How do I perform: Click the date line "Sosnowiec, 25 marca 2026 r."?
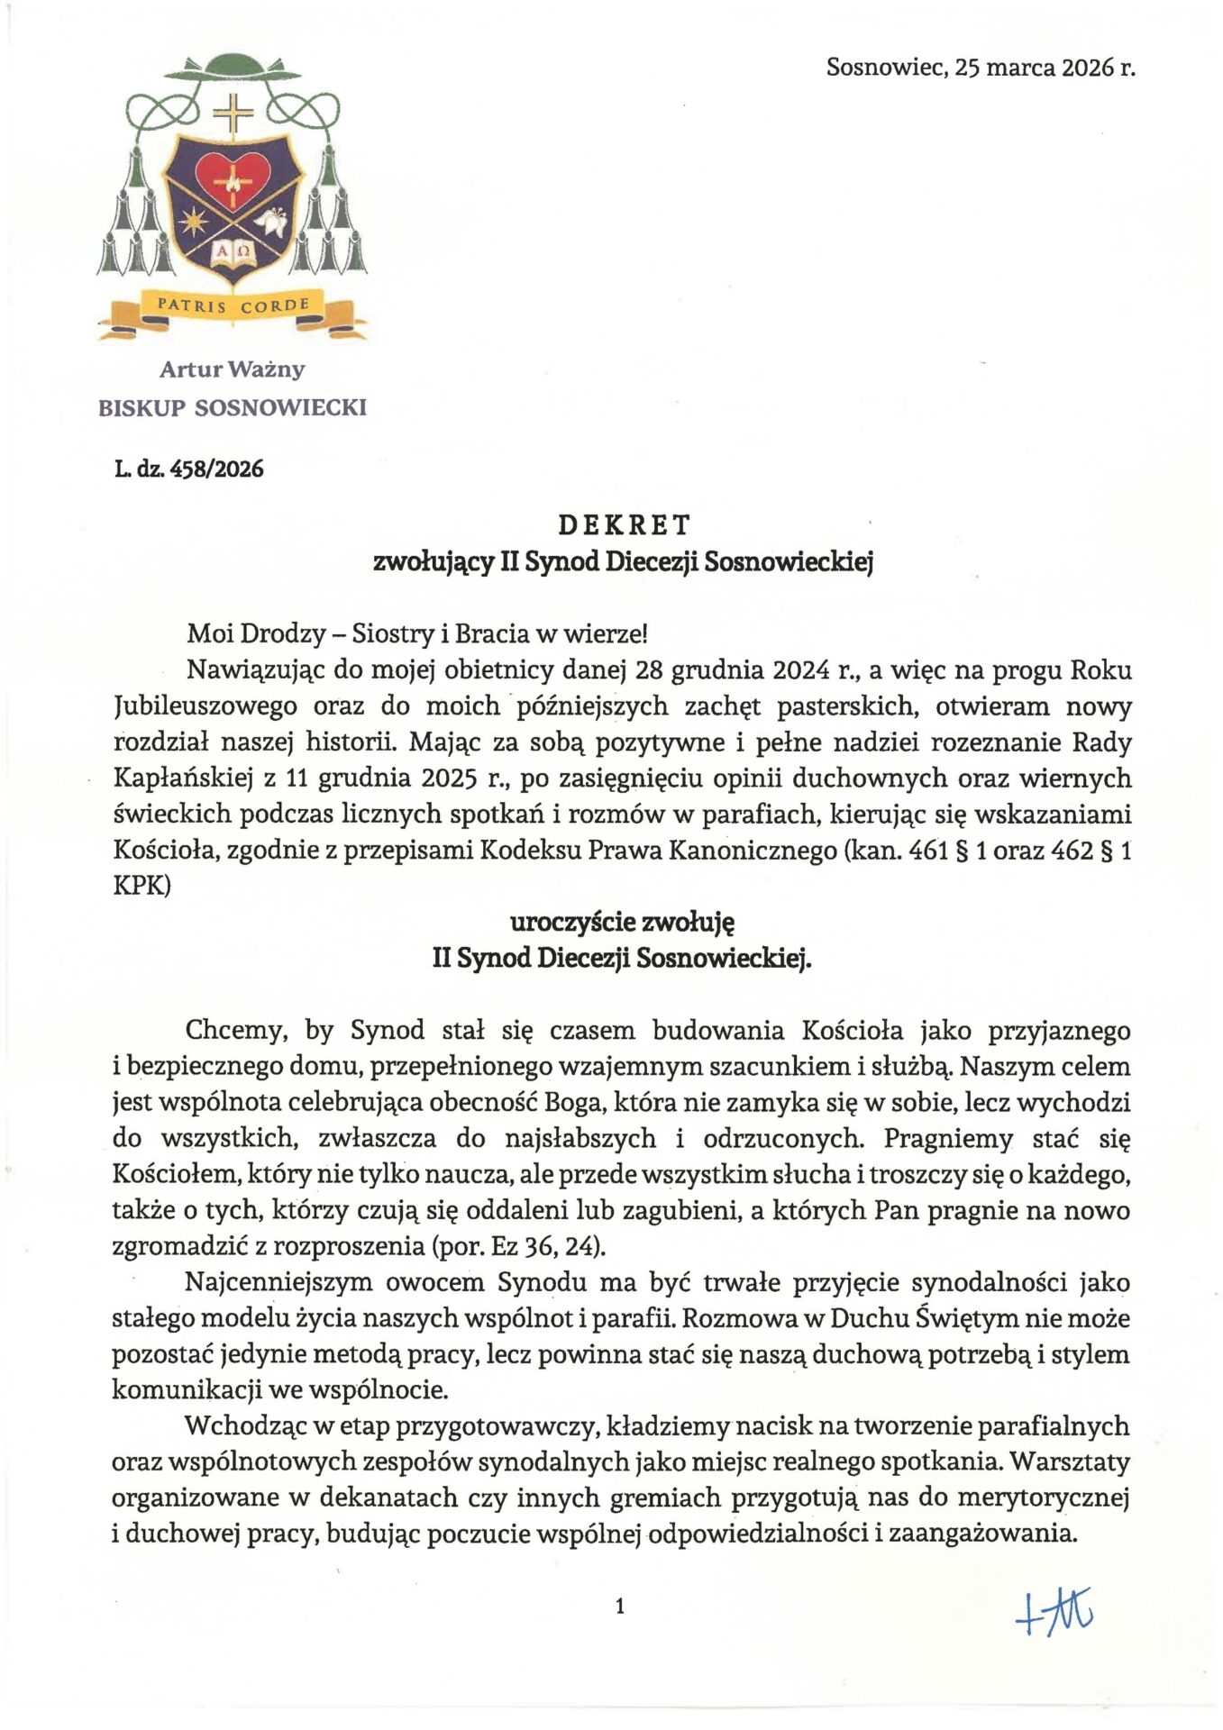pos(980,68)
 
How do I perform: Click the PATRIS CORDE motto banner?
pos(233,306)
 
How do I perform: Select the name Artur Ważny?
pos(233,369)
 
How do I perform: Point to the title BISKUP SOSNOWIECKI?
pos(233,408)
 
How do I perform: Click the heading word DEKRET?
pos(624,524)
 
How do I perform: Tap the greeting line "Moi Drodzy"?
pos(257,634)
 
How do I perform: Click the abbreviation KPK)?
pos(141,886)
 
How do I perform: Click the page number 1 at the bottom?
pos(620,1606)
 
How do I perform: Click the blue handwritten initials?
pos(1054,1612)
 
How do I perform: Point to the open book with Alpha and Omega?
pos(233,254)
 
